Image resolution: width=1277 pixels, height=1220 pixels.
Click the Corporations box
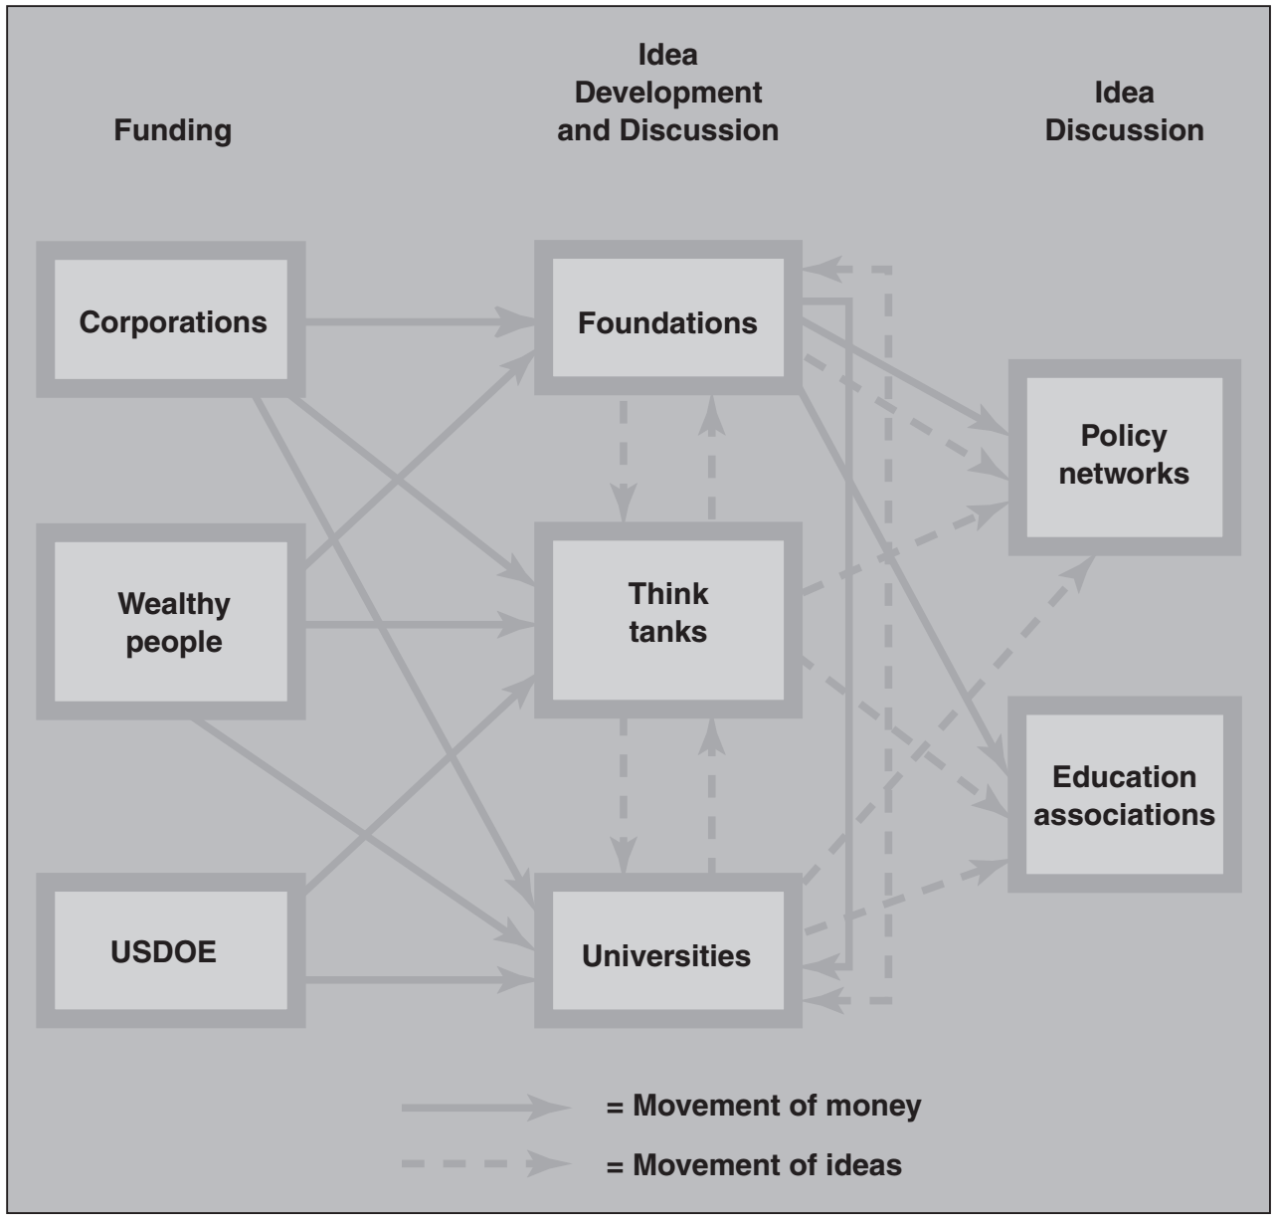pyautogui.click(x=171, y=320)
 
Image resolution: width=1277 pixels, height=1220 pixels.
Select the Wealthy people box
pyautogui.click(x=171, y=622)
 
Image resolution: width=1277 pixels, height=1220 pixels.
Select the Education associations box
pyautogui.click(x=1124, y=794)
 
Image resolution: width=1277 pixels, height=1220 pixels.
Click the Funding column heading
pyautogui.click(x=173, y=130)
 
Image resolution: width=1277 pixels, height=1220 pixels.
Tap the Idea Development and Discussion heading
pyautogui.click(x=667, y=93)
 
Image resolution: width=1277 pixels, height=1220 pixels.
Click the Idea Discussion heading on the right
pyautogui.click(x=1124, y=111)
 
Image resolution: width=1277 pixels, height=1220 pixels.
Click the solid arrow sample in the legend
pyautogui.click(x=485, y=1108)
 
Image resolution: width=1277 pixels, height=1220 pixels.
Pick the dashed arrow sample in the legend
pyautogui.click(x=485, y=1164)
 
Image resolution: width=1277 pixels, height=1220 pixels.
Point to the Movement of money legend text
pyautogui.click(x=764, y=1106)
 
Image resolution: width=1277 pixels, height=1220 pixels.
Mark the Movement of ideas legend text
pyautogui.click(x=754, y=1164)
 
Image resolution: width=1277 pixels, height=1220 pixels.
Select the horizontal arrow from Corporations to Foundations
pyautogui.click(x=418, y=321)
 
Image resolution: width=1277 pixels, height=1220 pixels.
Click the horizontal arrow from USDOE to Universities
pyautogui.click(x=418, y=980)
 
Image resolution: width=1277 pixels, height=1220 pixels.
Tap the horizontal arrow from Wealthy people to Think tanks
pyautogui.click(x=418, y=625)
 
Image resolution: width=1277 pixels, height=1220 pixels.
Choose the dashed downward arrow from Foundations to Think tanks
pyautogui.click(x=624, y=458)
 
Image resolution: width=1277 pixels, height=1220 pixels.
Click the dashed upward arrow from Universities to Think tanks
pyautogui.click(x=711, y=796)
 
